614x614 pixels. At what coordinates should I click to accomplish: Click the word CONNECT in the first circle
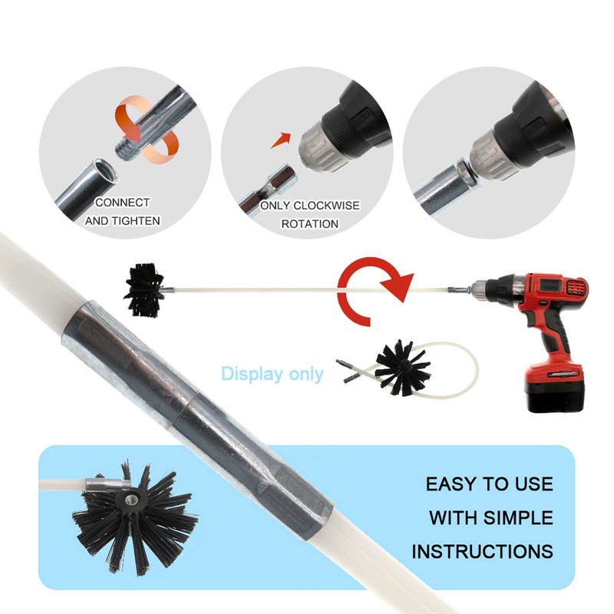coord(123,203)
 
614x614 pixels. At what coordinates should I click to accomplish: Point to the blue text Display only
coord(272,375)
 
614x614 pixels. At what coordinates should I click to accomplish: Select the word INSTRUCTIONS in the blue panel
coord(482,551)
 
